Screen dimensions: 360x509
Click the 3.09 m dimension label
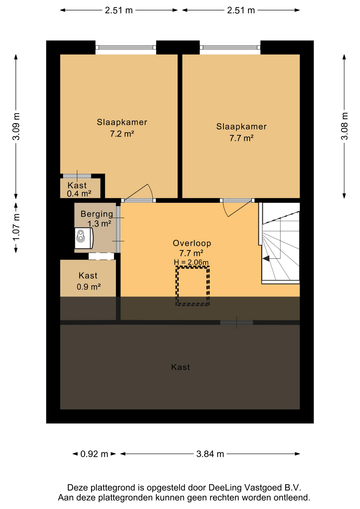[16, 126]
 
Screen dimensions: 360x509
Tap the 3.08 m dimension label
[344, 126]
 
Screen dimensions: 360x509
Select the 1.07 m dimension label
[16, 227]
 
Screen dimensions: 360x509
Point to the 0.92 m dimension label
[94, 454]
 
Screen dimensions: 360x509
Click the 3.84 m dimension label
[210, 454]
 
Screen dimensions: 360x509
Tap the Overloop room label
[192, 243]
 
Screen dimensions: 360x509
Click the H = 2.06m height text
[191, 262]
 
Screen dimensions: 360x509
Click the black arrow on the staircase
[266, 258]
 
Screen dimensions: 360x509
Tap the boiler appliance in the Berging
[84, 238]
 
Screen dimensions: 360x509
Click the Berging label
[97, 214]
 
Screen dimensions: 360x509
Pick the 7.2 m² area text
[122, 134]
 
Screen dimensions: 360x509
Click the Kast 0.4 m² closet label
[79, 189]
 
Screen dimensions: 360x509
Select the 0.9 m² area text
[89, 287]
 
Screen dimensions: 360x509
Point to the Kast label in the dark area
[181, 367]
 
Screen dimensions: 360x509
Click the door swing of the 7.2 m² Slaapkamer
[138, 192]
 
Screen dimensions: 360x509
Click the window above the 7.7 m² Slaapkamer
[230, 47]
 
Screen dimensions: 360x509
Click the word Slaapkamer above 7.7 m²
[241, 126]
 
